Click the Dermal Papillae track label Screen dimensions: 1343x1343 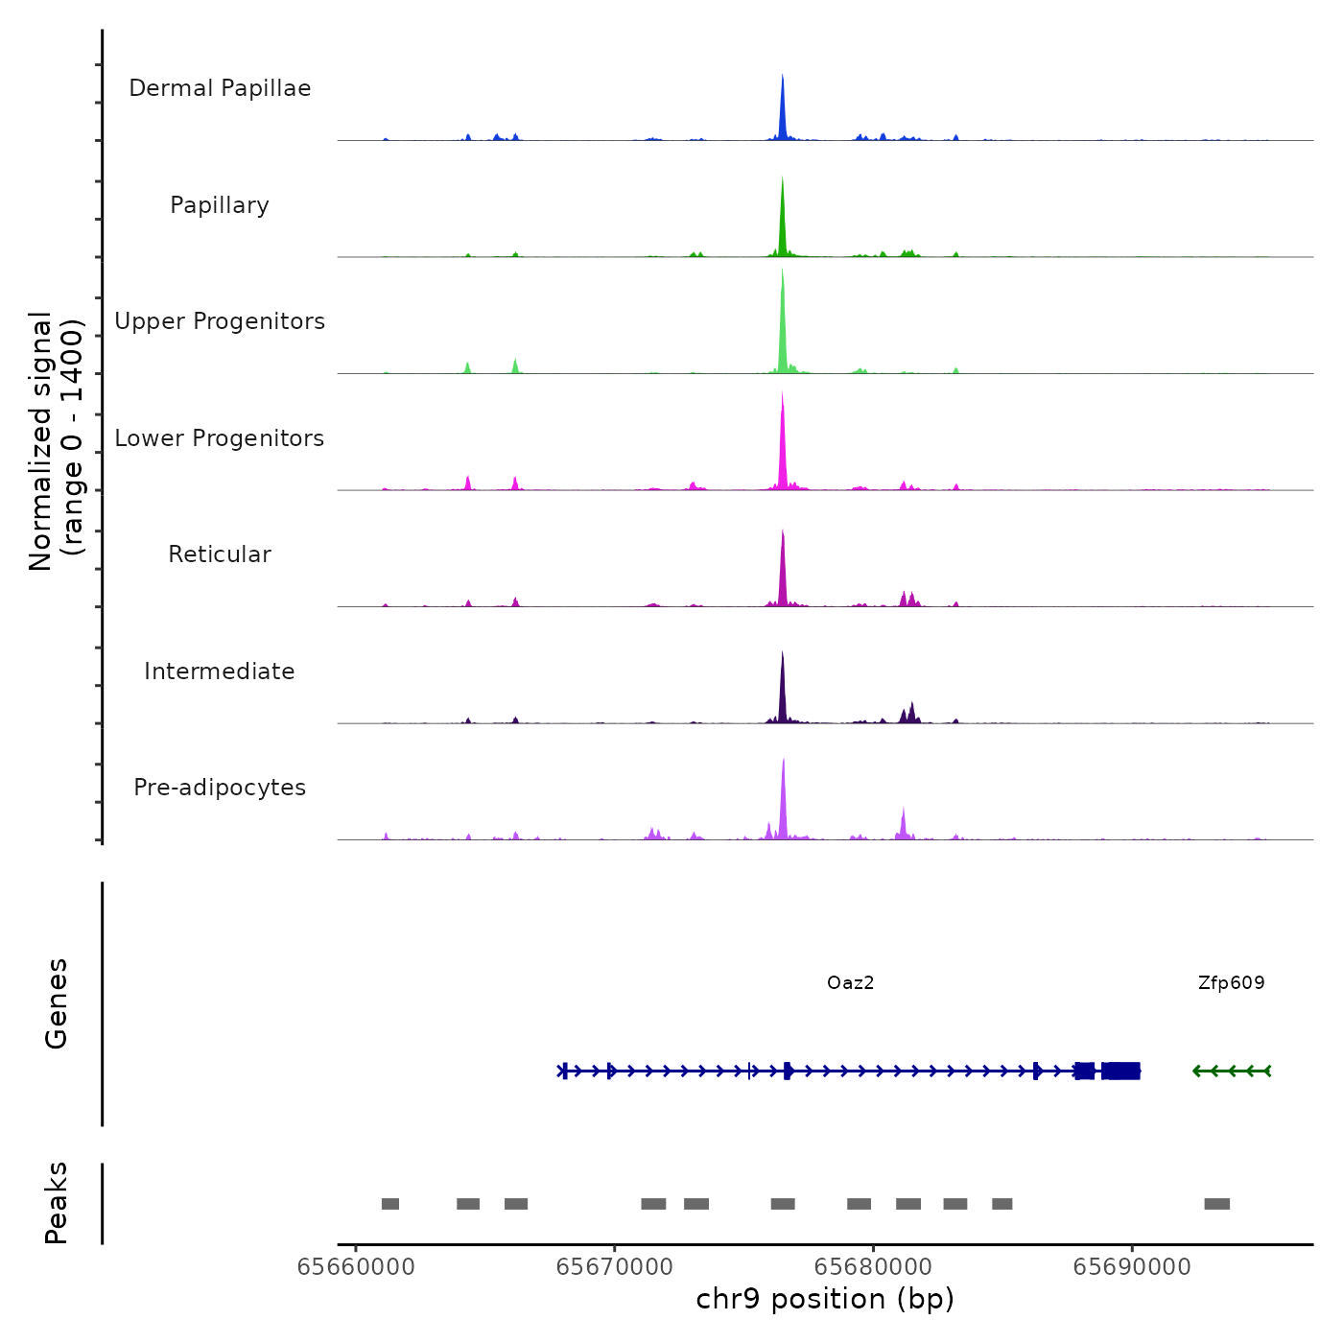pyautogui.click(x=220, y=88)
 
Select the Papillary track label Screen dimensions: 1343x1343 pyautogui.click(x=220, y=205)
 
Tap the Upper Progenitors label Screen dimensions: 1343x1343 pyautogui.click(x=220, y=321)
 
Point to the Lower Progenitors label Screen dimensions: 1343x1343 pyautogui.click(x=220, y=438)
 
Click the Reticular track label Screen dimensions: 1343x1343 pyautogui.click(x=220, y=554)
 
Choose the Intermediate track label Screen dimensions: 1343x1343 pyautogui.click(x=220, y=671)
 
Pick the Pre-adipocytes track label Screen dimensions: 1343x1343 pyautogui.click(x=220, y=788)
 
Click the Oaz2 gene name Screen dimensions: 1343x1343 pyautogui.click(x=850, y=983)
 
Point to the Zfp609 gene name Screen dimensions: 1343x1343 pyautogui.click(x=1231, y=983)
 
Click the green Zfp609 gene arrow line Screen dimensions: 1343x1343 pyautogui.click(x=1232, y=1071)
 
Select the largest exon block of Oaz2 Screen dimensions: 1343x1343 pyautogui.click(x=1121, y=1071)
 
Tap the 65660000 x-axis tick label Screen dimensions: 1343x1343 pyautogui.click(x=356, y=1267)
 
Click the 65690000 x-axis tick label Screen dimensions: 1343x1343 pyautogui.click(x=1132, y=1267)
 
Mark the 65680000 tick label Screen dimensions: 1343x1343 pyautogui.click(x=874, y=1267)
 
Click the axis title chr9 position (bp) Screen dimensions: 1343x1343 pyautogui.click(x=825, y=1300)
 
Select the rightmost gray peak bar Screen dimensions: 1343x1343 pyautogui.click(x=1216, y=1204)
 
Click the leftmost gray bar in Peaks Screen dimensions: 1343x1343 pyautogui.click(x=390, y=1204)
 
